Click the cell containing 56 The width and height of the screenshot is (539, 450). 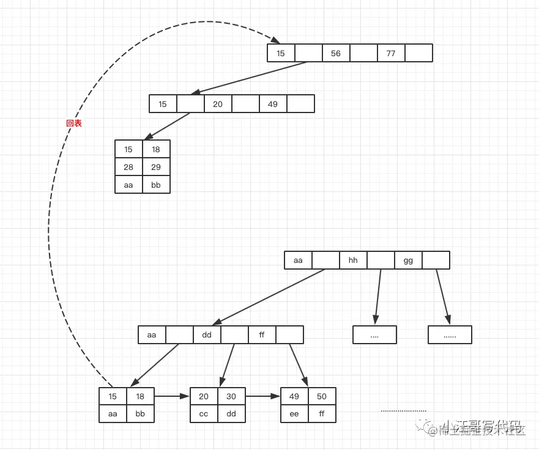click(x=336, y=53)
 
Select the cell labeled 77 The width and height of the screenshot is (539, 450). click(x=391, y=53)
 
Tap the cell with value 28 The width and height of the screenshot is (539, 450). click(x=128, y=167)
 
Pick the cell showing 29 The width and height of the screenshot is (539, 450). click(x=156, y=167)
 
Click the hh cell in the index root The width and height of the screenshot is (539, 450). click(x=353, y=260)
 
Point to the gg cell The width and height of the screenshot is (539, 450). click(x=408, y=260)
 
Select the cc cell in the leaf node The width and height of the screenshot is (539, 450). click(x=204, y=413)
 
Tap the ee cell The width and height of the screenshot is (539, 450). click(x=294, y=413)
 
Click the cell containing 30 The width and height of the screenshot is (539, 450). click(x=231, y=396)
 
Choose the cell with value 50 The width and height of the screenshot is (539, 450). click(x=322, y=396)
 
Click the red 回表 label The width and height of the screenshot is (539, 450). click(x=74, y=123)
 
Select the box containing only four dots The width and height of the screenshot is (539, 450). click(x=374, y=335)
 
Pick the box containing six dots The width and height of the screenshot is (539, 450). click(x=450, y=335)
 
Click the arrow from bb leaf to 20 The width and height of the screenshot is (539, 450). click(x=172, y=396)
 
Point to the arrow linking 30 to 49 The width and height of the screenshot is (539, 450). click(x=262, y=396)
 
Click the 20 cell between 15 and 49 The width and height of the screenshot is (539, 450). click(x=218, y=104)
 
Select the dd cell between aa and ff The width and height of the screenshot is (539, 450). click(x=207, y=335)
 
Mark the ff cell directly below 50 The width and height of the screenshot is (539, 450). click(x=322, y=413)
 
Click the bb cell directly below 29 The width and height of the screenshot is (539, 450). click(x=156, y=185)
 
